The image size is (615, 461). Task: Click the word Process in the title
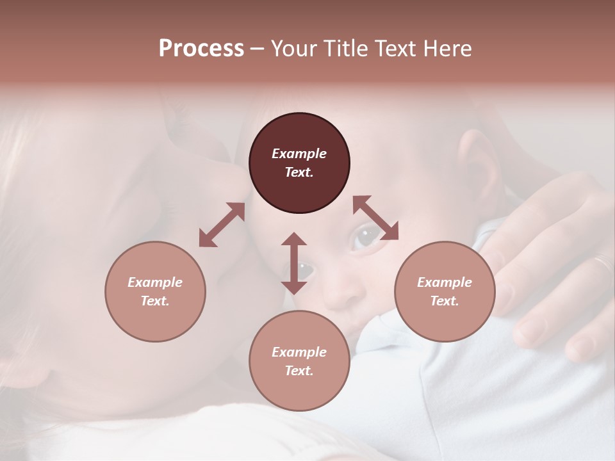pyautogui.click(x=201, y=49)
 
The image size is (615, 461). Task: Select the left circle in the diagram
pyautogui.click(x=155, y=291)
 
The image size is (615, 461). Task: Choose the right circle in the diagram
pyautogui.click(x=445, y=291)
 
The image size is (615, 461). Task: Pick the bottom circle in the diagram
pyautogui.click(x=299, y=361)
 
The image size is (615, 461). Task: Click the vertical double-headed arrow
pyautogui.click(x=294, y=263)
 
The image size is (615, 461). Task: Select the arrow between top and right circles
pyautogui.click(x=375, y=218)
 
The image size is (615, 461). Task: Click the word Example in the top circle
pyautogui.click(x=299, y=154)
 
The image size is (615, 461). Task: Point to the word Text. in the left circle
pyautogui.click(x=155, y=301)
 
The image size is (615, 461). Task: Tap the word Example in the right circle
pyautogui.click(x=445, y=282)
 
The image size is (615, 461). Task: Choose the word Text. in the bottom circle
pyautogui.click(x=299, y=371)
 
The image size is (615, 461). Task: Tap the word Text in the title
pyautogui.click(x=397, y=49)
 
